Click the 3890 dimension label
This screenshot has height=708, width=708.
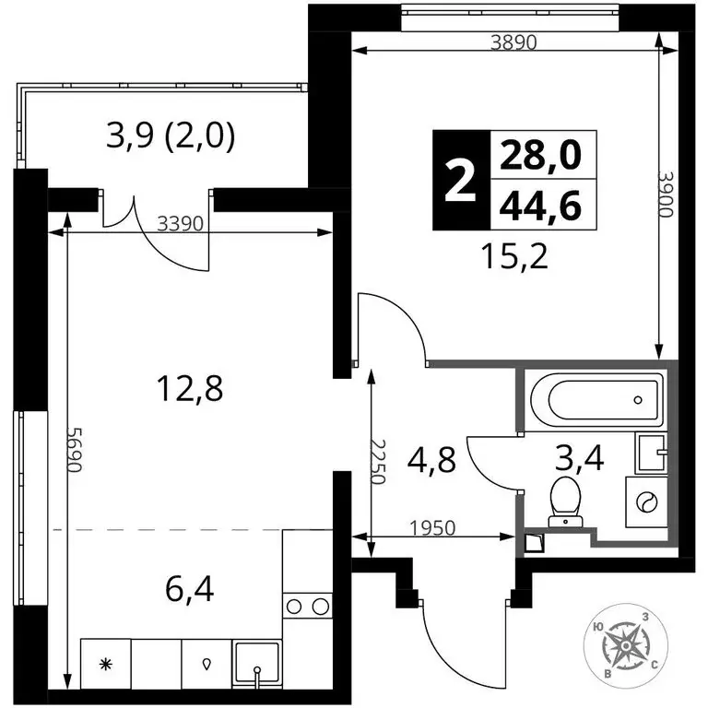(x=513, y=42)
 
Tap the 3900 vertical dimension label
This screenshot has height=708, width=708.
(x=666, y=194)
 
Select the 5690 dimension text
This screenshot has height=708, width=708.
(x=75, y=449)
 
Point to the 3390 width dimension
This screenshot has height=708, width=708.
(x=181, y=223)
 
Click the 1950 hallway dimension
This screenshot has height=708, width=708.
(x=432, y=527)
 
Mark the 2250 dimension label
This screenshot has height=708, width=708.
(x=377, y=462)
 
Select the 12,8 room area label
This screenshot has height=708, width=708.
(x=190, y=389)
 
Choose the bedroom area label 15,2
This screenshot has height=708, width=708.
(x=514, y=256)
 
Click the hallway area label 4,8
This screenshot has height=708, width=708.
(x=431, y=460)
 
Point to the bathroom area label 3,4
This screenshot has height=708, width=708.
(x=580, y=459)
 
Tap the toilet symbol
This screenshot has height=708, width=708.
(x=565, y=501)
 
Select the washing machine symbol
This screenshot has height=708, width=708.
(x=646, y=501)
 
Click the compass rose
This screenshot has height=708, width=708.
(x=626, y=647)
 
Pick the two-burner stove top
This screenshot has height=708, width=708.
(x=307, y=606)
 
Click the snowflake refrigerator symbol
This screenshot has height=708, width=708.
(x=106, y=664)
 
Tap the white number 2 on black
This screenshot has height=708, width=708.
(x=461, y=181)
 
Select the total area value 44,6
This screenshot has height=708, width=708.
(x=540, y=206)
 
